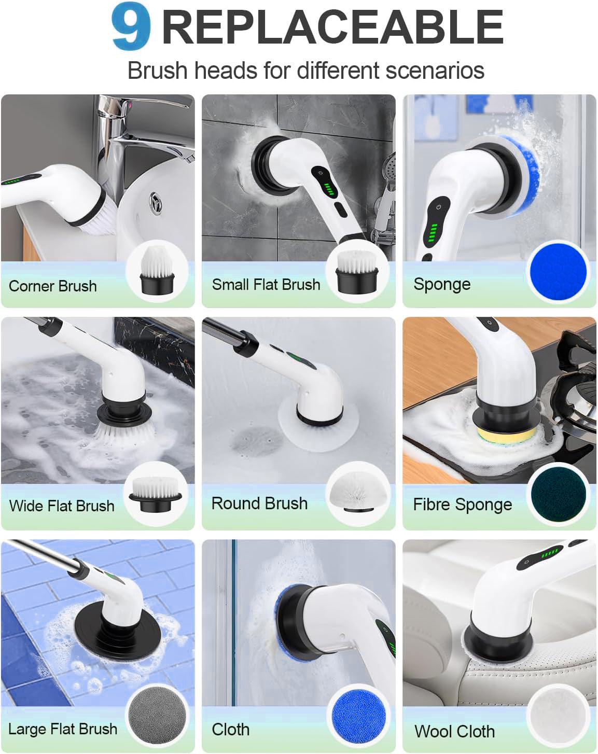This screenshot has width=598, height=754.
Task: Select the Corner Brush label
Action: tap(52, 286)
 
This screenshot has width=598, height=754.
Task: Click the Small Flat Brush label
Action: tap(266, 284)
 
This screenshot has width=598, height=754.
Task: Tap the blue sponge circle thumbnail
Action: tap(558, 272)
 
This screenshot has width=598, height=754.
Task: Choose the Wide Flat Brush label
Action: tap(62, 506)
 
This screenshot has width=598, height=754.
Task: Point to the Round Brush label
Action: tap(259, 504)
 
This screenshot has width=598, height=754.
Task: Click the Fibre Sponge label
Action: tap(462, 505)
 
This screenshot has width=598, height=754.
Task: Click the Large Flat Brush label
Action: tap(63, 729)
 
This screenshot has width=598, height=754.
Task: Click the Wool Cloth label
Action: tap(454, 731)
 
